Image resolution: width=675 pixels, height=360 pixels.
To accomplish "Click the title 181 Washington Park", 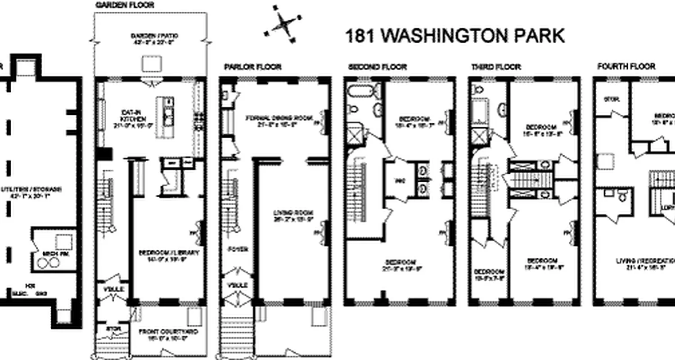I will pos(454,36).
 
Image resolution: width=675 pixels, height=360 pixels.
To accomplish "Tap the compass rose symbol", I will pos(282,23).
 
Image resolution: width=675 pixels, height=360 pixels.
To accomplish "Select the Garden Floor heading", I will pos(125,5).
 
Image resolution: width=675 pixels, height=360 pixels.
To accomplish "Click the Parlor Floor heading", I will pos(253,67).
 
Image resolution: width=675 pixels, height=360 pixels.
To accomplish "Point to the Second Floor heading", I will pos(378,67).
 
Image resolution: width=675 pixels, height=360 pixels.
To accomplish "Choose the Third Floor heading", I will pos(496,67).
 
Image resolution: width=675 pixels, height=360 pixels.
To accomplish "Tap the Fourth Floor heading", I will pos(626,67).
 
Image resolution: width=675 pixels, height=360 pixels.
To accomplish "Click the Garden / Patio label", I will pos(150,39).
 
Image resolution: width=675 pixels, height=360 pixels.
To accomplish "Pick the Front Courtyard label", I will pos(169,335).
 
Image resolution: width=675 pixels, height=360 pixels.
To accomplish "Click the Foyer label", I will pos(235,248).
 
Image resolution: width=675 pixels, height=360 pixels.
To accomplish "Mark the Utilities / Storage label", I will pos(31,192).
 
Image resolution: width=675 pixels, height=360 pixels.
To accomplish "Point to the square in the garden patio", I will pos(150,63).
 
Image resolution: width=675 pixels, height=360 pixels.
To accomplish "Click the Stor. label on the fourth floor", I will pos(611,99).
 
